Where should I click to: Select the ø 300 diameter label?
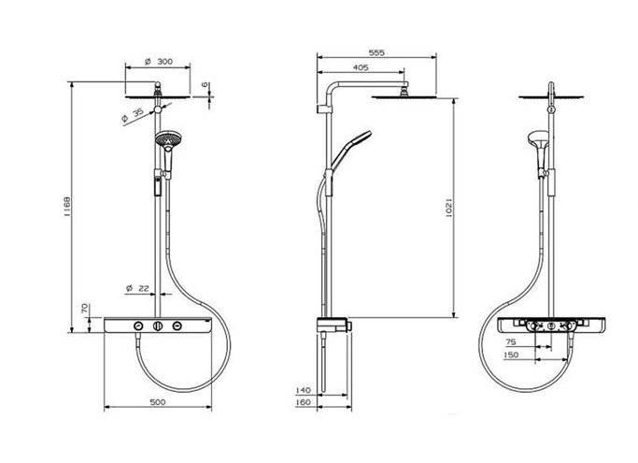pyautogui.click(x=159, y=62)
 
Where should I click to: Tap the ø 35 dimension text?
pyautogui.click(x=133, y=115)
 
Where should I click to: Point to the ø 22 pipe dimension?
pyautogui.click(x=137, y=288)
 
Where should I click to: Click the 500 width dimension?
pyautogui.click(x=158, y=402)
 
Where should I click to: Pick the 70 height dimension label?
pyautogui.click(x=85, y=308)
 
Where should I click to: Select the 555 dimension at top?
pyautogui.click(x=376, y=52)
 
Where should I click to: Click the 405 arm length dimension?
pyautogui.click(x=361, y=67)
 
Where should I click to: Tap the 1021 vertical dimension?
pyautogui.click(x=448, y=208)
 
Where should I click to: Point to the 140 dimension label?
pyautogui.click(x=303, y=390)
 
